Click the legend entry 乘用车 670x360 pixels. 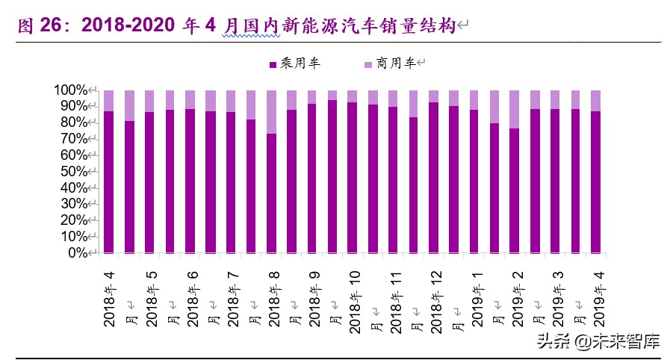click(294, 64)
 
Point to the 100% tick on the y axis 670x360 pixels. click(72, 90)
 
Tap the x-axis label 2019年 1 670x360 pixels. click(476, 296)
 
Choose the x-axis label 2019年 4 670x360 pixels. click(597, 296)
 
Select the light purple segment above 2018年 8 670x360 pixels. click(272, 112)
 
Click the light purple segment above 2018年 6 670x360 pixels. click(190, 99)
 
